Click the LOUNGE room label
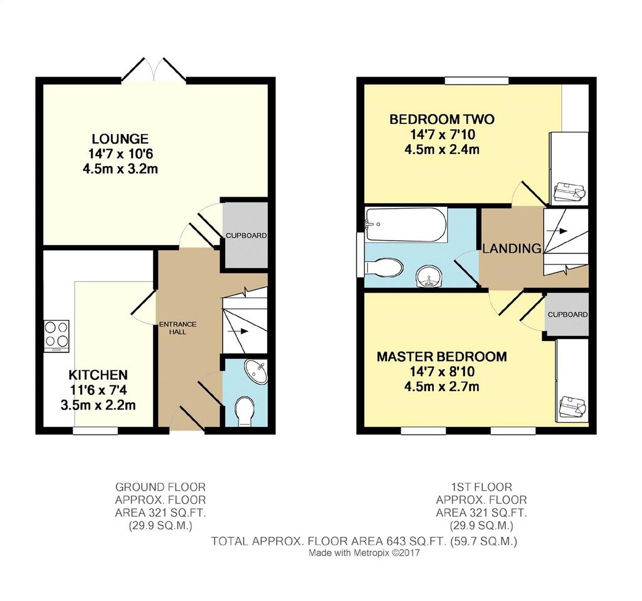pyautogui.click(x=120, y=138)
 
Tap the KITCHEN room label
pyautogui.click(x=98, y=375)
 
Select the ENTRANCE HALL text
pyautogui.click(x=177, y=328)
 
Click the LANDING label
pyautogui.click(x=512, y=248)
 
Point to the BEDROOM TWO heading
pyautogui.click(x=442, y=120)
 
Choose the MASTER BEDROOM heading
pyautogui.click(x=442, y=357)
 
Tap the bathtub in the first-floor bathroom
pyautogui.click(x=406, y=225)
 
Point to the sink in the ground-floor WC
pyautogui.click(x=256, y=372)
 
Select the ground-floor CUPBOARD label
pyautogui.click(x=246, y=236)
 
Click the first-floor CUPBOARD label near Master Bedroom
pyautogui.click(x=567, y=315)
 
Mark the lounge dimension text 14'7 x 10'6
pyautogui.click(x=120, y=154)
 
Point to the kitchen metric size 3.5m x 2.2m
pyautogui.click(x=98, y=405)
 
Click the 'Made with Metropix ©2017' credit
pyautogui.click(x=364, y=553)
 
